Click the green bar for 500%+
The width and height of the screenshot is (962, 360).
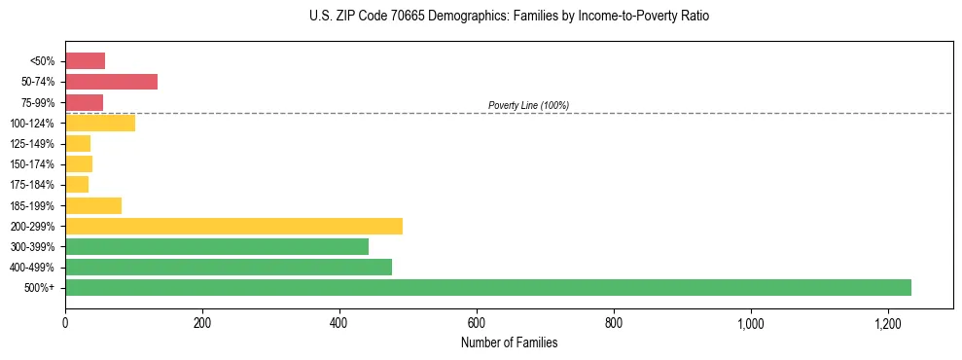[x=487, y=287]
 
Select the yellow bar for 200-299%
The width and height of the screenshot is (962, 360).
[x=233, y=226]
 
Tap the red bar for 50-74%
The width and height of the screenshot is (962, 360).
[x=111, y=82]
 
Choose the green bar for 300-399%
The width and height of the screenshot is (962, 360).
[x=217, y=246]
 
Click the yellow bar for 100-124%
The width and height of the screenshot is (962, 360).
[x=100, y=123]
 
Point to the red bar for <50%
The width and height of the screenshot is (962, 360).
[x=85, y=61]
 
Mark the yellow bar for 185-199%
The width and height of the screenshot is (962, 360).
[x=93, y=205]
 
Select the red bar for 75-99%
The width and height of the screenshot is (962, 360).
[x=84, y=102]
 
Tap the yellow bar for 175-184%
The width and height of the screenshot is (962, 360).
[x=77, y=185]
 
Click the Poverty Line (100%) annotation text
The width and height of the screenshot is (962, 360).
[x=528, y=105]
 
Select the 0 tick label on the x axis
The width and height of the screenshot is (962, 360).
[x=65, y=323]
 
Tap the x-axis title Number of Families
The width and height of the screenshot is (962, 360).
[x=509, y=342]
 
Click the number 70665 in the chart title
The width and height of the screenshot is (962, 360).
[x=405, y=18]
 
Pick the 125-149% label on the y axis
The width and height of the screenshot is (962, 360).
[x=31, y=144]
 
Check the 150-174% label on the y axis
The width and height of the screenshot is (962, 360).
[x=31, y=164]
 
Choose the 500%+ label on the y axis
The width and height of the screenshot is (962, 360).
[x=40, y=288]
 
